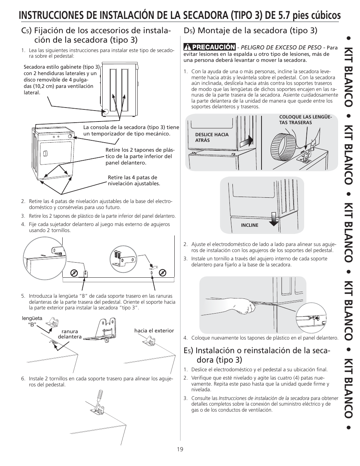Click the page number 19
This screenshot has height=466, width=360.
[180, 449]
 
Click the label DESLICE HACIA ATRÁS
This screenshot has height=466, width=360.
[212, 137]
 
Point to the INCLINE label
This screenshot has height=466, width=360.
[249, 225]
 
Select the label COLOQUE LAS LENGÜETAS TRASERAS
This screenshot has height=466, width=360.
[305, 120]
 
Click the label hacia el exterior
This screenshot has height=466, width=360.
[154, 331]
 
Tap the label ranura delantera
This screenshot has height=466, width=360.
[69, 334]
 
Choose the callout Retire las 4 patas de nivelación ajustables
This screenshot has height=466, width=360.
[134, 180]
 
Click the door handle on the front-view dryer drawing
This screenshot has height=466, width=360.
[45, 154]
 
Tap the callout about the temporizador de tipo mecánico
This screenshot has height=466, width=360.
[131, 131]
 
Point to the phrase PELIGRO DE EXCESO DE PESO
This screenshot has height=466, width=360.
[281, 47]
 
